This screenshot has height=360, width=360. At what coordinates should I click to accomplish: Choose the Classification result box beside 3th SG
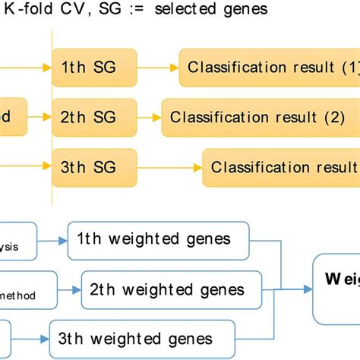(281, 166)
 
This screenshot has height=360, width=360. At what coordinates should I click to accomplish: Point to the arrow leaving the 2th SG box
(149, 118)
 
